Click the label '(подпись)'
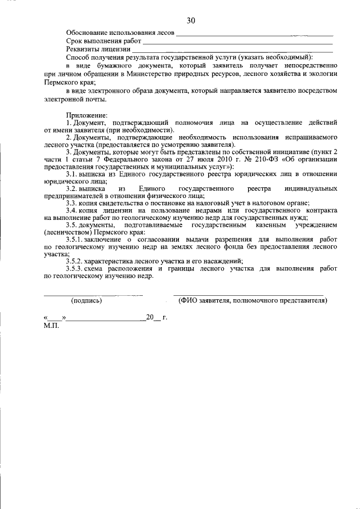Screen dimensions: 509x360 (x=87, y=300)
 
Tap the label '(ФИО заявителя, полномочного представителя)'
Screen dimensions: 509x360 (x=253, y=300)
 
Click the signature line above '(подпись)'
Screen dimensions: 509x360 (x=93, y=294)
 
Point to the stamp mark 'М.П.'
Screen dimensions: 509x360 (x=51, y=325)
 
